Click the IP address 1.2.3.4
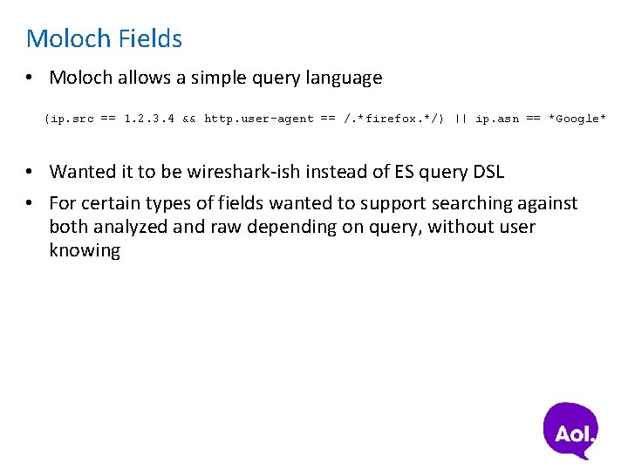[x=149, y=119]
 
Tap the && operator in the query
[x=189, y=119]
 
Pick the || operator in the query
[x=461, y=119]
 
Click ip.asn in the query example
[x=497, y=119]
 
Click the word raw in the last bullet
[x=229, y=227]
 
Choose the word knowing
[x=85, y=250]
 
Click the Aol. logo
[x=571, y=430]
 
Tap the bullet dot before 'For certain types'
[x=31, y=203]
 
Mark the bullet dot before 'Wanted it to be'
[x=31, y=172]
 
